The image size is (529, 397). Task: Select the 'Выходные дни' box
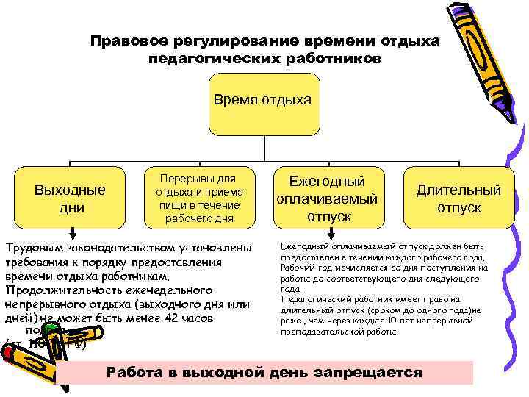[70, 198]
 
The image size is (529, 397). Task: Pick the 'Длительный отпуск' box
[458, 198]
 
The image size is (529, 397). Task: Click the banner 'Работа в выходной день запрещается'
[264, 372]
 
